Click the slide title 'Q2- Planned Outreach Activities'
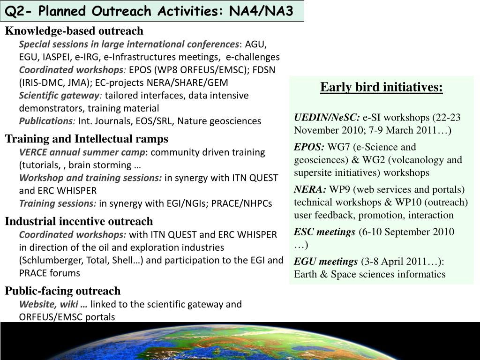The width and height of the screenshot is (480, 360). [x=152, y=11]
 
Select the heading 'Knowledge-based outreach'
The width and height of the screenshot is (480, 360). [x=74, y=31]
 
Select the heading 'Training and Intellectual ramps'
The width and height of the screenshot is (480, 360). [x=86, y=139]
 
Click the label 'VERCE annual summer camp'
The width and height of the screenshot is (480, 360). [x=82, y=152]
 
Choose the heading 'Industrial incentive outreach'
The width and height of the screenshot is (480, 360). [x=79, y=221]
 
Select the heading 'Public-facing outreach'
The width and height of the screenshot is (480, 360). [x=63, y=291]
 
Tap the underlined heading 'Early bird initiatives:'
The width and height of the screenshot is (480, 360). [x=381, y=88]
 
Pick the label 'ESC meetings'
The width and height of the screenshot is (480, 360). [x=324, y=232]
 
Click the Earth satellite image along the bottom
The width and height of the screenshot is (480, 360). [x=240, y=341]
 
